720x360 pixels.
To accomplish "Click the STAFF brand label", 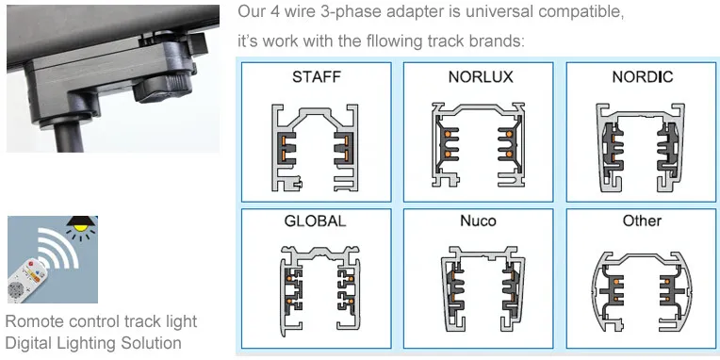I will [x=317, y=76].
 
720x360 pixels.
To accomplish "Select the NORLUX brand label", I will [x=480, y=76].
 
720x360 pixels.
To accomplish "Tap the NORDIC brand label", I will [x=642, y=76].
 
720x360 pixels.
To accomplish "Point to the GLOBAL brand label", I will [x=316, y=221].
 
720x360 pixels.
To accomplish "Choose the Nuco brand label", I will [x=479, y=221].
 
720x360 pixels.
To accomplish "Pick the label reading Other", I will [x=642, y=221].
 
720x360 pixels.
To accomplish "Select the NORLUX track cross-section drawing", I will [x=479, y=142].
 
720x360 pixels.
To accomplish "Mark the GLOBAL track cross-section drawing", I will [x=317, y=286].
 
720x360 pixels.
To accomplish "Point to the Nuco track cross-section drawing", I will [x=479, y=286].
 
